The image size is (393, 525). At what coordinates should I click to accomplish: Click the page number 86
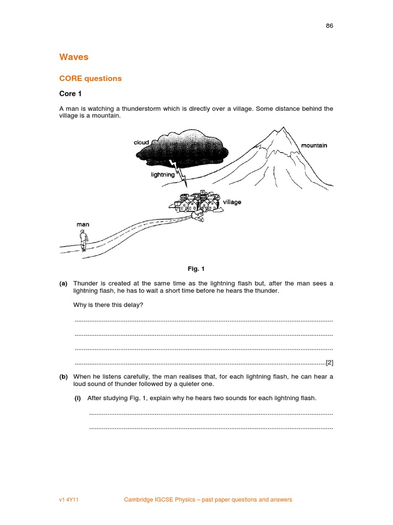pos(330,26)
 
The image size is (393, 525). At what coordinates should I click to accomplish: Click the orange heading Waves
pos(74,57)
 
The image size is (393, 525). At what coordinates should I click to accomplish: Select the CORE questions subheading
pos(91,78)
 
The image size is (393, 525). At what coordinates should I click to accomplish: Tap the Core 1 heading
pos(71,94)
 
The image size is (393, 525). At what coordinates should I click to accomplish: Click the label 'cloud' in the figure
pos(141,143)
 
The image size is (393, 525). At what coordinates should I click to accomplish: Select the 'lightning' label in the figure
pos(163,175)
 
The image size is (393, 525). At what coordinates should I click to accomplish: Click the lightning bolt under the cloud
pos(181,172)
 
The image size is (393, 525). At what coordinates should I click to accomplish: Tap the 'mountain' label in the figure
pos(314,146)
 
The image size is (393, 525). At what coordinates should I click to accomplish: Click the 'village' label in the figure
pos(232,202)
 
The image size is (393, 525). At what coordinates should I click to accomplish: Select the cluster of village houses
pos(197,203)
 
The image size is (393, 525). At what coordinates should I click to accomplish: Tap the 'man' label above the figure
pos(83,224)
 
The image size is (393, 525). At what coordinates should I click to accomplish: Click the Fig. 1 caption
pos(196,269)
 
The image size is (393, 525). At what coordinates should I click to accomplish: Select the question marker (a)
pos(63,284)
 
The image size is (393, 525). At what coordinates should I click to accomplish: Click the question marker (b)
pos(63,377)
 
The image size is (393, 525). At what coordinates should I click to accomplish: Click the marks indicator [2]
pos(330,362)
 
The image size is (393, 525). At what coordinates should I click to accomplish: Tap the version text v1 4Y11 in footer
pos(70,499)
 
